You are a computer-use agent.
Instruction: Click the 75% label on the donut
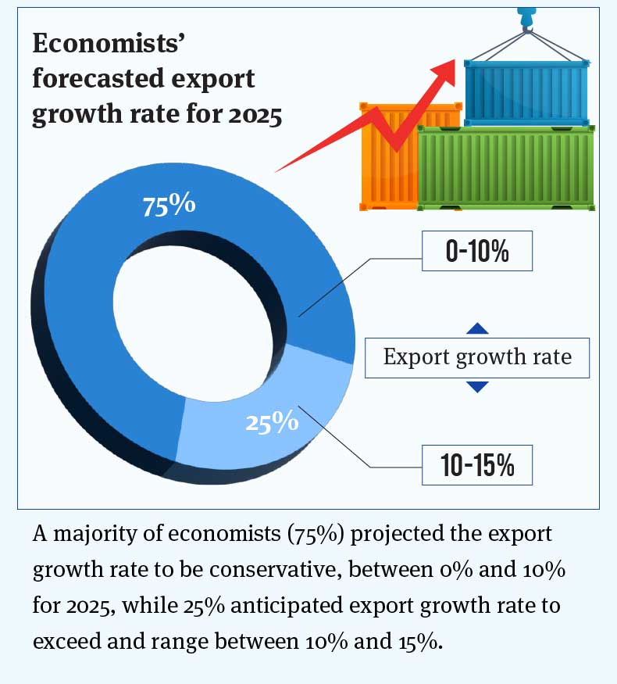click(x=169, y=205)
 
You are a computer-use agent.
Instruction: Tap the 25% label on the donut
click(x=272, y=422)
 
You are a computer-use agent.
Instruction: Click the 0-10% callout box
click(x=476, y=251)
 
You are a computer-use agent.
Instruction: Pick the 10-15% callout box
click(x=476, y=465)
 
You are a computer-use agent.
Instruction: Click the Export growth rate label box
click(x=477, y=357)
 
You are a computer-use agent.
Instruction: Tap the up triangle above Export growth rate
click(x=477, y=329)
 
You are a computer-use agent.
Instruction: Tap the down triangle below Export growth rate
click(x=477, y=386)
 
